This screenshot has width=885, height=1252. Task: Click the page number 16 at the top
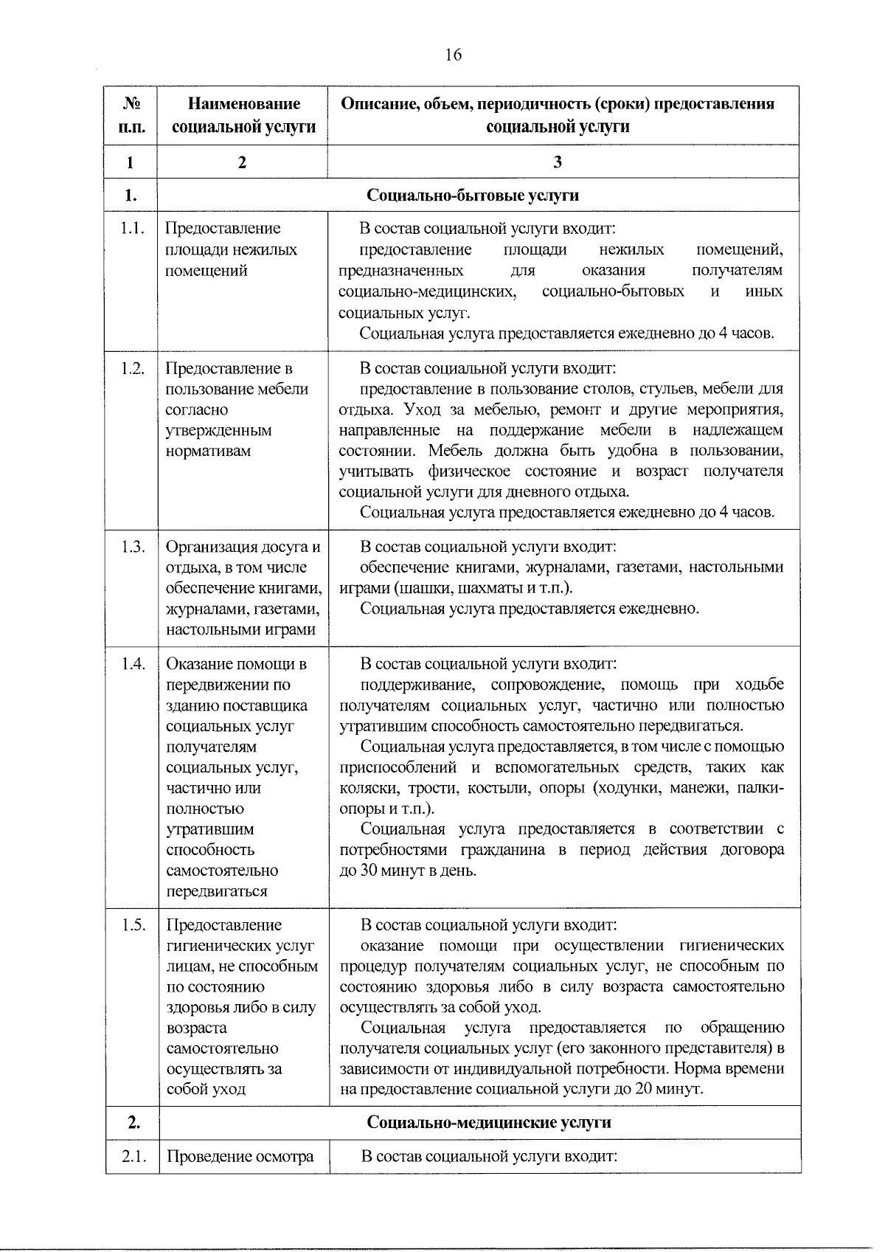(x=453, y=55)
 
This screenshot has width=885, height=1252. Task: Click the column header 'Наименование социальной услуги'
(x=243, y=115)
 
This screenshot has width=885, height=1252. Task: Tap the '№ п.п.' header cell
(x=131, y=115)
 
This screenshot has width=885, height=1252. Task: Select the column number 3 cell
(x=558, y=162)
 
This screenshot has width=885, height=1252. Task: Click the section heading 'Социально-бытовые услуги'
(x=473, y=196)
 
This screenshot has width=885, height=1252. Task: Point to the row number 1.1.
(x=131, y=229)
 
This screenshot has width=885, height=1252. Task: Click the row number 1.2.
(x=131, y=369)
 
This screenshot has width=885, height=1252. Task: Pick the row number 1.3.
(x=131, y=547)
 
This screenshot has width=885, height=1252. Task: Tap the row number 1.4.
(x=131, y=664)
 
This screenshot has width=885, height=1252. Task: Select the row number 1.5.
(x=131, y=925)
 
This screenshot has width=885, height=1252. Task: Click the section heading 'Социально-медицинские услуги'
(x=489, y=1122)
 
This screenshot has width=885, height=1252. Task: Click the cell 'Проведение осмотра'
(x=240, y=1156)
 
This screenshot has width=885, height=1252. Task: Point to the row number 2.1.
(x=131, y=1156)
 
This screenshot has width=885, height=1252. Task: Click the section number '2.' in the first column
(x=131, y=1122)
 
